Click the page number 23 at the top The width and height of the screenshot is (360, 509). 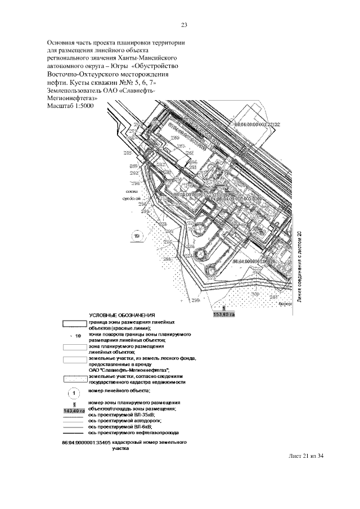184,25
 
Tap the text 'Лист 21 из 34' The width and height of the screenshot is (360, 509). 304,456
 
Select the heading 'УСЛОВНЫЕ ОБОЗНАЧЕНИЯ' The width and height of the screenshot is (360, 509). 121,315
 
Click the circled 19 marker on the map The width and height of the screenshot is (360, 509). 137,237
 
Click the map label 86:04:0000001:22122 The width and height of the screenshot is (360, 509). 257,124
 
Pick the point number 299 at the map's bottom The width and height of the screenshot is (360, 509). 196,301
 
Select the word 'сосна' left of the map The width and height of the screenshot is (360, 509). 131,191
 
